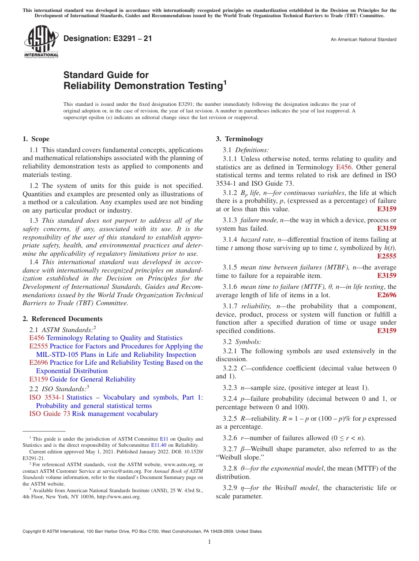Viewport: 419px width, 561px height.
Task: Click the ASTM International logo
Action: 41,42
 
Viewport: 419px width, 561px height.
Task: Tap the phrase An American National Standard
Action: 363,40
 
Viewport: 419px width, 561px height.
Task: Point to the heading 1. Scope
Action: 36,139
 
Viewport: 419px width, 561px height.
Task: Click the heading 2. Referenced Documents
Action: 63,319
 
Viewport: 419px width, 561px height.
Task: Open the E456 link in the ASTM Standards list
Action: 37,338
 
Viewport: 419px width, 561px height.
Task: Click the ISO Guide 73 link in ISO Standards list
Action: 49,414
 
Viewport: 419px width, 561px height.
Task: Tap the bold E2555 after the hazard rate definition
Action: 386,256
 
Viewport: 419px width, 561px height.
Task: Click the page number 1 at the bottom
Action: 209,542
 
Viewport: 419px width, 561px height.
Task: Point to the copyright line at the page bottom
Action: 142,531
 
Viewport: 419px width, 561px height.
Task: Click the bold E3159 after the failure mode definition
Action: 386,228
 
